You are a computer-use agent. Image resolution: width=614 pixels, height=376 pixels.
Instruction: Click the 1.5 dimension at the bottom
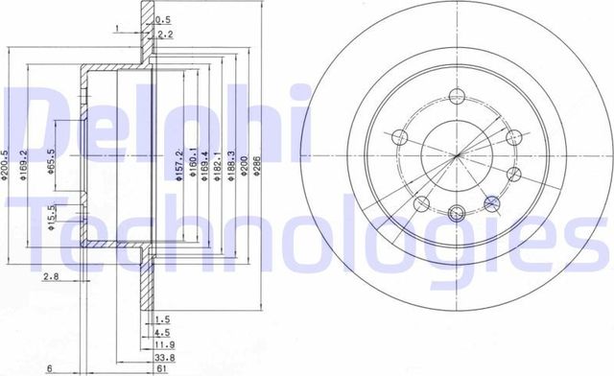tap(162, 318)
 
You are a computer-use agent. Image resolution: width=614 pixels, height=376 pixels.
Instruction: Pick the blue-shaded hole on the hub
tap(493, 203)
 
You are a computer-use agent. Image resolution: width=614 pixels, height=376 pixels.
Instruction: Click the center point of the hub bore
tap(457, 154)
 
